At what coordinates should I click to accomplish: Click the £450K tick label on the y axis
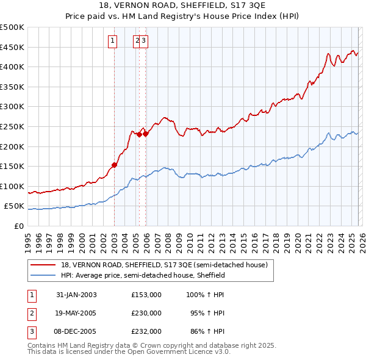click(12, 47)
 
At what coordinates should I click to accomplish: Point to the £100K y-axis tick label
click(12, 186)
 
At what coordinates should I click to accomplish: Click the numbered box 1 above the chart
click(113, 41)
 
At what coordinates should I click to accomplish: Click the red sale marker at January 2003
click(115, 165)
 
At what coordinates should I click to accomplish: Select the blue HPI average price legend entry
click(143, 275)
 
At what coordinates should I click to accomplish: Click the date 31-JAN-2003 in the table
click(76, 295)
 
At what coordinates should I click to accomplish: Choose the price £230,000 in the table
click(146, 313)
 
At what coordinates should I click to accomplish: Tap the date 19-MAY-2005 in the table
click(76, 313)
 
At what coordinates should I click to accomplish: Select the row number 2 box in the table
click(31, 313)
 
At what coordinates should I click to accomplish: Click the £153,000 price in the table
click(146, 295)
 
